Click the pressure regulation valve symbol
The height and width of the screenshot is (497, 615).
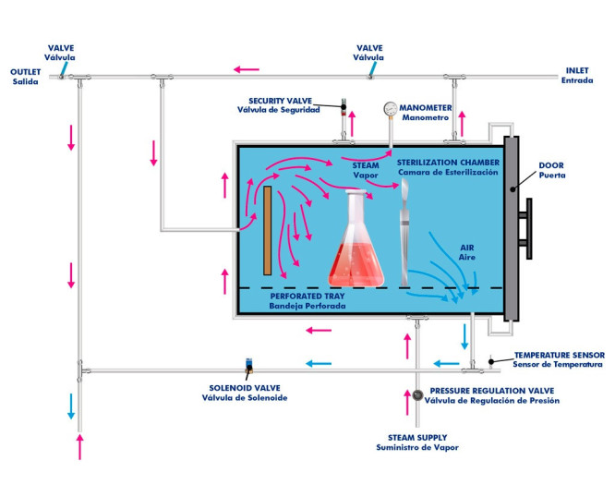(417, 396)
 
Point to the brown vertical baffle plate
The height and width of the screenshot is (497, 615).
(268, 231)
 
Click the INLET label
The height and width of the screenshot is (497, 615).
(574, 75)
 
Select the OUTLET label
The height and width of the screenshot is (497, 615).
(27, 75)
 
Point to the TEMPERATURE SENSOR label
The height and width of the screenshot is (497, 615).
(559, 359)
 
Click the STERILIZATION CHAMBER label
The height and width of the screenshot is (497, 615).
(448, 166)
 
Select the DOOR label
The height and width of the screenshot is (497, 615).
(551, 172)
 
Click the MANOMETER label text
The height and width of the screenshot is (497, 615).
(428, 112)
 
